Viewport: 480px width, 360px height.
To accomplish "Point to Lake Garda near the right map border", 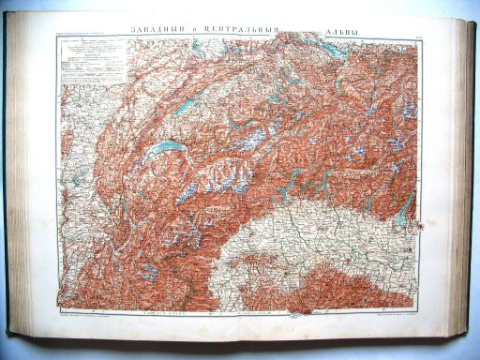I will tap(403, 211).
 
